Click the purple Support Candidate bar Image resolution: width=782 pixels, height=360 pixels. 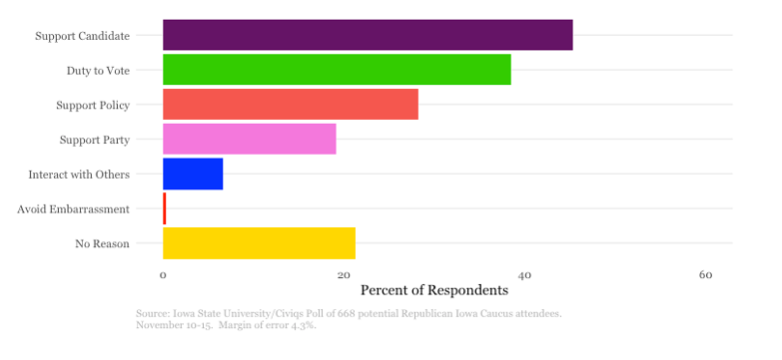(368, 35)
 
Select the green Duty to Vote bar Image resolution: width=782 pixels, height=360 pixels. (337, 70)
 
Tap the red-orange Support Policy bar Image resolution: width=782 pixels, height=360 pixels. (291, 104)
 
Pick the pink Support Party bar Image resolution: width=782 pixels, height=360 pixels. (249, 139)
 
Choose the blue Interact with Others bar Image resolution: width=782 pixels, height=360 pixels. (193, 174)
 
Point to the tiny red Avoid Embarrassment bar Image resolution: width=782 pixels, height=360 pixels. (165, 208)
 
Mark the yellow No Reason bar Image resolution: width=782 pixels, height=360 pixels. (259, 243)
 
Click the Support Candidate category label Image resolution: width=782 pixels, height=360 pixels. (82, 36)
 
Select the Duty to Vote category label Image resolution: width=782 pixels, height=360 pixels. (98, 71)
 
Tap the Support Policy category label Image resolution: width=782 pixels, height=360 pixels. (93, 105)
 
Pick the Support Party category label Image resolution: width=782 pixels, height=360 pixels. (95, 140)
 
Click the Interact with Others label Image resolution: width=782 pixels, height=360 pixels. (79, 175)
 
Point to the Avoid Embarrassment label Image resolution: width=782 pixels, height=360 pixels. (73, 209)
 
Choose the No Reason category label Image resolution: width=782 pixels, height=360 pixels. (102, 244)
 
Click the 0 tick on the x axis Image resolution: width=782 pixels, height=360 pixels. (163, 274)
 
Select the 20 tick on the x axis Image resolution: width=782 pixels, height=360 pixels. (344, 274)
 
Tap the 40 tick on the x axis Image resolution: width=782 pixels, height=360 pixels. (524, 274)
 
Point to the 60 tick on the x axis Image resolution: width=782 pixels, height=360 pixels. (705, 274)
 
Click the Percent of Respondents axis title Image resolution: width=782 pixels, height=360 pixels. (433, 290)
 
